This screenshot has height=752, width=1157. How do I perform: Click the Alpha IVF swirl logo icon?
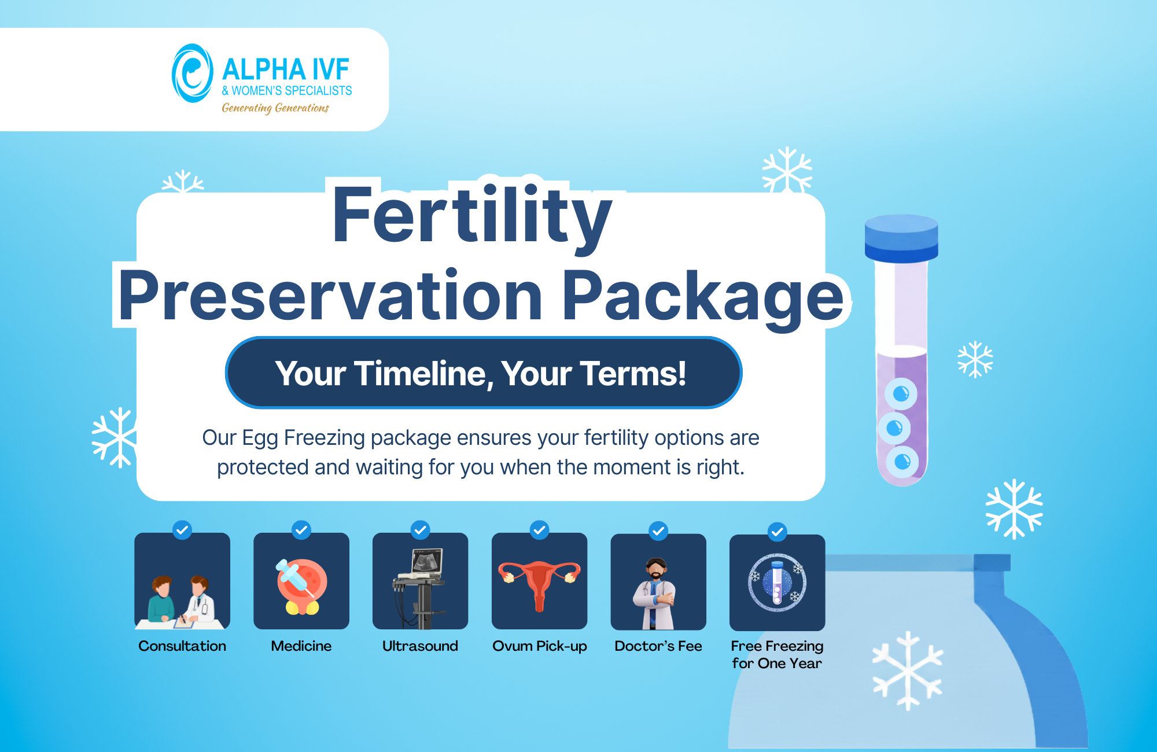(192, 73)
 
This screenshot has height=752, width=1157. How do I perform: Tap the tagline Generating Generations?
(275, 108)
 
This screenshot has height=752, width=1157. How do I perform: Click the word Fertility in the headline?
(471, 215)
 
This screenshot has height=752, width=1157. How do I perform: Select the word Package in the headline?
(703, 296)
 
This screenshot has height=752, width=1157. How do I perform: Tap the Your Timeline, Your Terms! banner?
(483, 373)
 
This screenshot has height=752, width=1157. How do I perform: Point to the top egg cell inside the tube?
(901, 395)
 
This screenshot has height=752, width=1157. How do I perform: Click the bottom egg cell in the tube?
(902, 462)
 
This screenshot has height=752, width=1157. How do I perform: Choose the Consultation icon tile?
(182, 581)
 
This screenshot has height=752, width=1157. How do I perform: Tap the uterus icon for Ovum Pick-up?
(539, 581)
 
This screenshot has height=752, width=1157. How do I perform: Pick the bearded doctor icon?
(658, 590)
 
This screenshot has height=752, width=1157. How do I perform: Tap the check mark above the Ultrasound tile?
(421, 530)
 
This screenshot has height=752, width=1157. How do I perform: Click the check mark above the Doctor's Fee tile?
(658, 530)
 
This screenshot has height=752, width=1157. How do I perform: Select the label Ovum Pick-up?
(539, 646)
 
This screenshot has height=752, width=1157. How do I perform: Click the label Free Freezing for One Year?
(777, 654)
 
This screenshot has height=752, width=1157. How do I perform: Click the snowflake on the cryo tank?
(907, 671)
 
